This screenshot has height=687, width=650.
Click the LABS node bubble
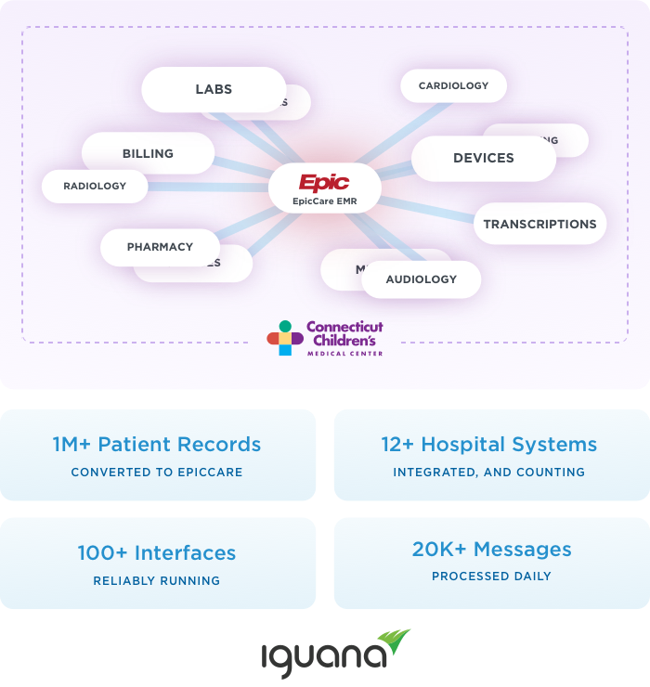pyautogui.click(x=214, y=90)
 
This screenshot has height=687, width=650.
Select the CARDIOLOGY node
pyautogui.click(x=453, y=86)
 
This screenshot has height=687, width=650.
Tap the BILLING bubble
pyautogui.click(x=148, y=153)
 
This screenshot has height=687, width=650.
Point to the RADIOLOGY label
pyautogui.click(x=95, y=187)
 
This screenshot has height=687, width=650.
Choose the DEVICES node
pyautogui.click(x=483, y=159)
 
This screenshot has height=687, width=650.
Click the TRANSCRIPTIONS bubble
pyautogui.click(x=539, y=225)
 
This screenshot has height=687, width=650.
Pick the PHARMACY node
pyautogui.click(x=160, y=247)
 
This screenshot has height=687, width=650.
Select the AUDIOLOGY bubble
pyautogui.click(x=422, y=279)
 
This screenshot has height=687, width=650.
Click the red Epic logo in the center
pyautogui.click(x=324, y=182)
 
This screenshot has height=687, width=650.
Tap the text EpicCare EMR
pyautogui.click(x=324, y=201)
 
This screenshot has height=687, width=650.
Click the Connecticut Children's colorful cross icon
pyautogui.click(x=285, y=338)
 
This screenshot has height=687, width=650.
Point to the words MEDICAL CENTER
pyautogui.click(x=344, y=354)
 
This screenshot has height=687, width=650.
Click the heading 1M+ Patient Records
pyautogui.click(x=157, y=444)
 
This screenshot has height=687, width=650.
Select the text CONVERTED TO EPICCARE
pyautogui.click(x=157, y=472)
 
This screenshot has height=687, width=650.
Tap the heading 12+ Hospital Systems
pyautogui.click(x=489, y=444)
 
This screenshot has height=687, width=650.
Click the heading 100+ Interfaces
pyautogui.click(x=157, y=552)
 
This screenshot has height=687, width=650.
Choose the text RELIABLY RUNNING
pyautogui.click(x=157, y=580)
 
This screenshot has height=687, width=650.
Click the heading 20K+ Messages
pyautogui.click(x=491, y=549)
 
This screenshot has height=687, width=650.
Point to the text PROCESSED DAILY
pyautogui.click(x=491, y=577)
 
